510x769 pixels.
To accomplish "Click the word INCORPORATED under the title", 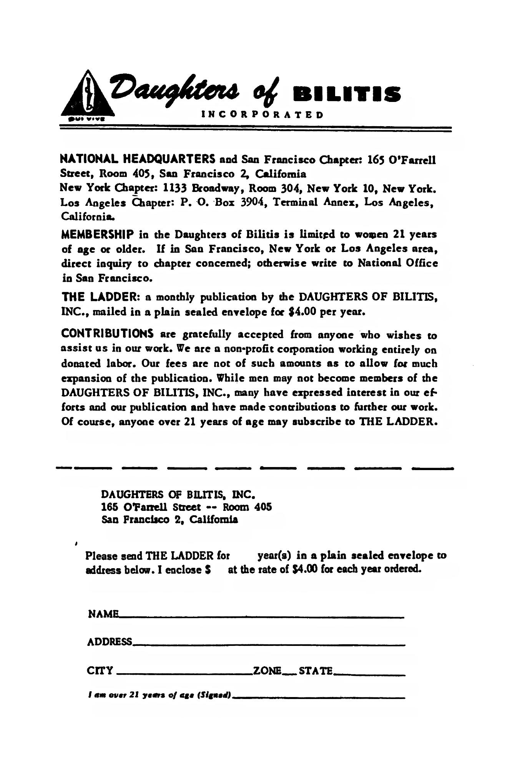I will (x=262, y=114).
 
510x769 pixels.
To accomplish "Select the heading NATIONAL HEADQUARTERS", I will (x=138, y=158).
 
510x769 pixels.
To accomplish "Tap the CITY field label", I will (x=100, y=671).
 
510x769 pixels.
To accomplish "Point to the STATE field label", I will (x=316, y=671).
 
